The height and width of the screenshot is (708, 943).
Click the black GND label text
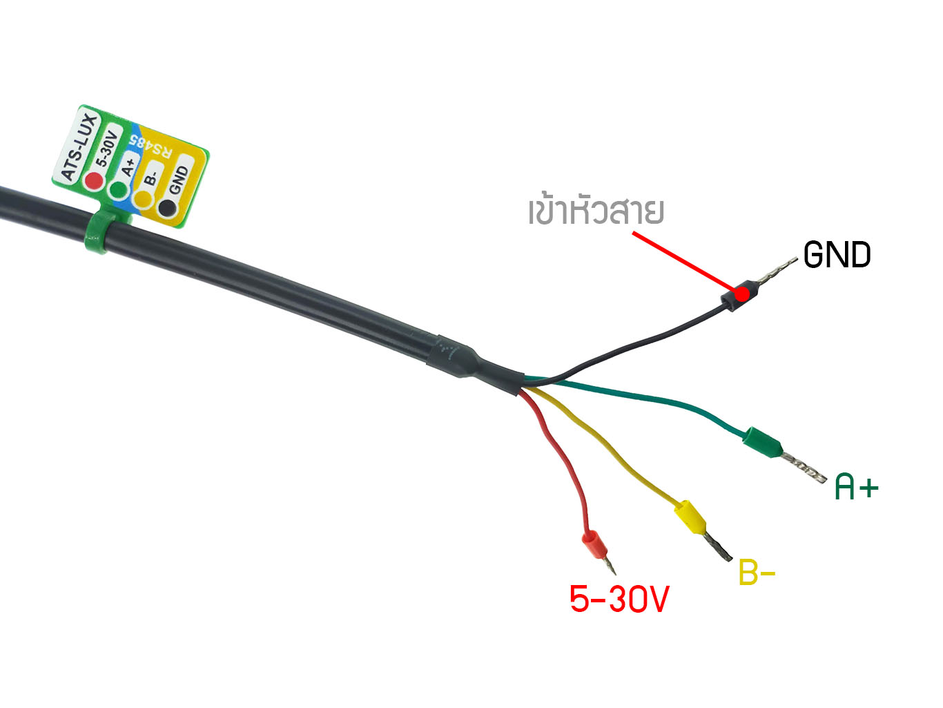[x=837, y=255]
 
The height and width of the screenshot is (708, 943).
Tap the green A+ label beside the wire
[x=856, y=487]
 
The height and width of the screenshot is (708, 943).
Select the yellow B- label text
[x=757, y=572]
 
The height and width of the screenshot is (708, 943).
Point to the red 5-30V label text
[x=619, y=599]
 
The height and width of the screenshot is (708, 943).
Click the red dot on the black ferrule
[x=741, y=294]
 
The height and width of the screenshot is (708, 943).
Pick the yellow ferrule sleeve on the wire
[x=690, y=517]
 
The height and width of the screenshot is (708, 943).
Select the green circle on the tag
[x=119, y=190]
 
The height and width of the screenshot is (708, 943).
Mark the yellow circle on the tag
[x=143, y=198]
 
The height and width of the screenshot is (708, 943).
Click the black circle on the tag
[x=167, y=207]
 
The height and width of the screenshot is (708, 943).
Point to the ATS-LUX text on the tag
[x=80, y=147]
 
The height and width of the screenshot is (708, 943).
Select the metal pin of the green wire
[x=804, y=468]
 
